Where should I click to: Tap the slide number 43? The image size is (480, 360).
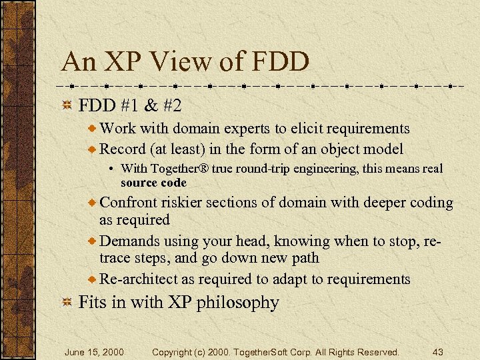click(437, 351)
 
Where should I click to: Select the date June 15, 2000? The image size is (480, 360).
click(93, 351)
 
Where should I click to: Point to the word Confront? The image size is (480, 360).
click(130, 203)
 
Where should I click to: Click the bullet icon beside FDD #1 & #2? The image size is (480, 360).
click(67, 106)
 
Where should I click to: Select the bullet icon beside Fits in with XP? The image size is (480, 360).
click(67, 303)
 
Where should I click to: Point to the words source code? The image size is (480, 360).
click(153, 182)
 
